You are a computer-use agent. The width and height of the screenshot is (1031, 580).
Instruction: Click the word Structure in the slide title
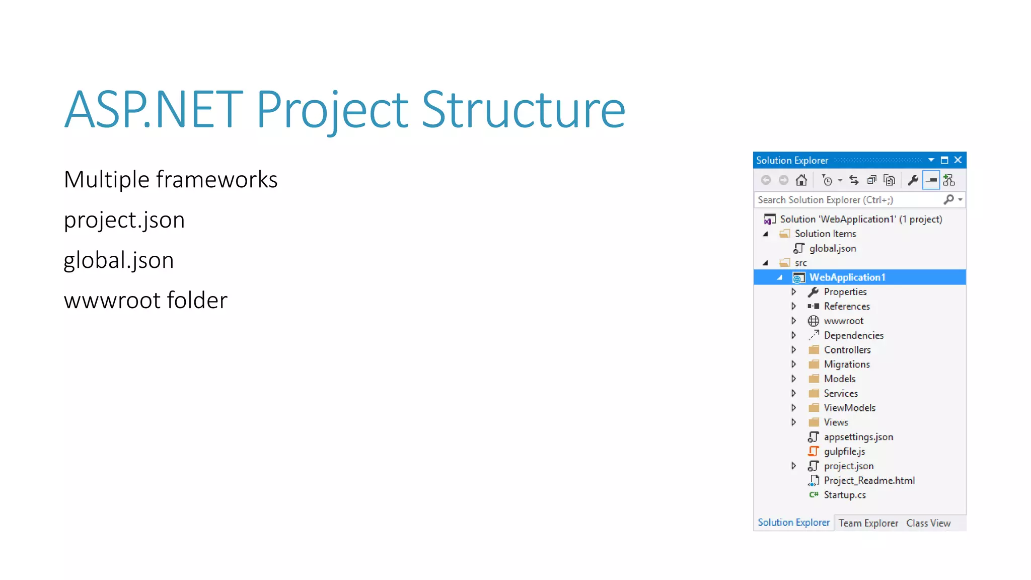pyautogui.click(x=523, y=110)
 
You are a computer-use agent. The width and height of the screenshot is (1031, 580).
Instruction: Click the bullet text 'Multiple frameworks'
pyautogui.click(x=171, y=180)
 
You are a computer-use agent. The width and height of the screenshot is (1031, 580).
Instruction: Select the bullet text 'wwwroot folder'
pyautogui.click(x=145, y=301)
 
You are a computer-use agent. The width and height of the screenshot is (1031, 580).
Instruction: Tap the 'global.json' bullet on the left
pyautogui.click(x=119, y=260)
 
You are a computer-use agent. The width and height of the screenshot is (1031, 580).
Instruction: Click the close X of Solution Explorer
pyautogui.click(x=958, y=160)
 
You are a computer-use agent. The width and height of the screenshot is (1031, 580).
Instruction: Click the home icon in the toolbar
pyautogui.click(x=801, y=180)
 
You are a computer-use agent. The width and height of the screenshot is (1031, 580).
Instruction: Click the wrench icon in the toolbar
pyautogui.click(x=913, y=180)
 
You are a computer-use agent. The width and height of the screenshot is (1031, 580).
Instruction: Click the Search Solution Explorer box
pyautogui.click(x=848, y=200)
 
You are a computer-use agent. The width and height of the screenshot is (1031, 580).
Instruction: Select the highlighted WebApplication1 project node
pyautogui.click(x=847, y=277)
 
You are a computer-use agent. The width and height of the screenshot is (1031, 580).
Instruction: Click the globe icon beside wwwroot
pyautogui.click(x=814, y=321)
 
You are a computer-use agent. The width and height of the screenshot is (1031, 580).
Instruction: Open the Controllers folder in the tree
pyautogui.click(x=847, y=350)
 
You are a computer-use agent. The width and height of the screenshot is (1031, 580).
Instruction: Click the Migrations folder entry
pyautogui.click(x=847, y=365)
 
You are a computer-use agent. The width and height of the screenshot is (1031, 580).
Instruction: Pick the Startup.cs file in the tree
pyautogui.click(x=845, y=495)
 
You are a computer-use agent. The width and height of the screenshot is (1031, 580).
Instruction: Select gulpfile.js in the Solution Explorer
pyautogui.click(x=844, y=452)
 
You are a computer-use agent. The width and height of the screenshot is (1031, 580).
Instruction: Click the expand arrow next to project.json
pyautogui.click(x=794, y=466)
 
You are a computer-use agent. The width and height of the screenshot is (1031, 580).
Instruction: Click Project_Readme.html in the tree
pyautogui.click(x=869, y=481)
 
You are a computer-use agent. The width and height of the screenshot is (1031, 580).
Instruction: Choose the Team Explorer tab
pyautogui.click(x=868, y=524)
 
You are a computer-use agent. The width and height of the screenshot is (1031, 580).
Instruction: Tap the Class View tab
pyautogui.click(x=928, y=524)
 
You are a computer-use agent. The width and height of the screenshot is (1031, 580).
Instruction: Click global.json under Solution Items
pyautogui.click(x=832, y=249)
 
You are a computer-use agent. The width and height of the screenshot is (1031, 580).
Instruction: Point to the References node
pyautogui.click(x=846, y=307)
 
